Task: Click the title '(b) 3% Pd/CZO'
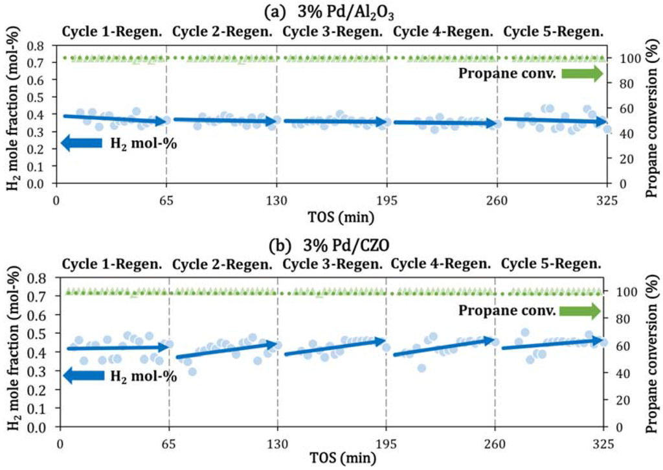(x=331, y=247)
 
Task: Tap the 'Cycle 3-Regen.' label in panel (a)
(x=331, y=32)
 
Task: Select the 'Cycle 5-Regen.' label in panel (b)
(x=552, y=264)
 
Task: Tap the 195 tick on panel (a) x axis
(x=387, y=200)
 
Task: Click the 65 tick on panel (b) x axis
(x=169, y=445)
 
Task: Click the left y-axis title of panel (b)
(x=14, y=353)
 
